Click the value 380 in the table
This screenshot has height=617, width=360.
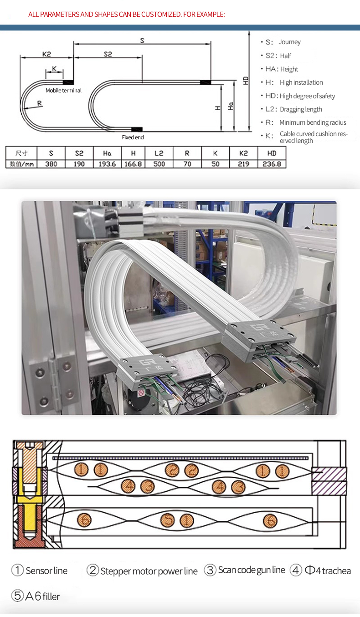[x=51, y=164]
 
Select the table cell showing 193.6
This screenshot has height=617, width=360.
[x=107, y=164]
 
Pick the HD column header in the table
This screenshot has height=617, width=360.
[x=272, y=153]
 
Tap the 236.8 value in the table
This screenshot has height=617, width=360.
[x=272, y=164]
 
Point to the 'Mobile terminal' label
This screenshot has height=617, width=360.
[x=63, y=90]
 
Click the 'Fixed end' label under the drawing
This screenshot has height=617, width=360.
[x=133, y=137]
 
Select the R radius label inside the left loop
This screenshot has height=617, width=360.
[x=40, y=103]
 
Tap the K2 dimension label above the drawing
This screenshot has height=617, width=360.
[x=46, y=54]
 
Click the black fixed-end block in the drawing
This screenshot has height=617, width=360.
[x=137, y=129]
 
